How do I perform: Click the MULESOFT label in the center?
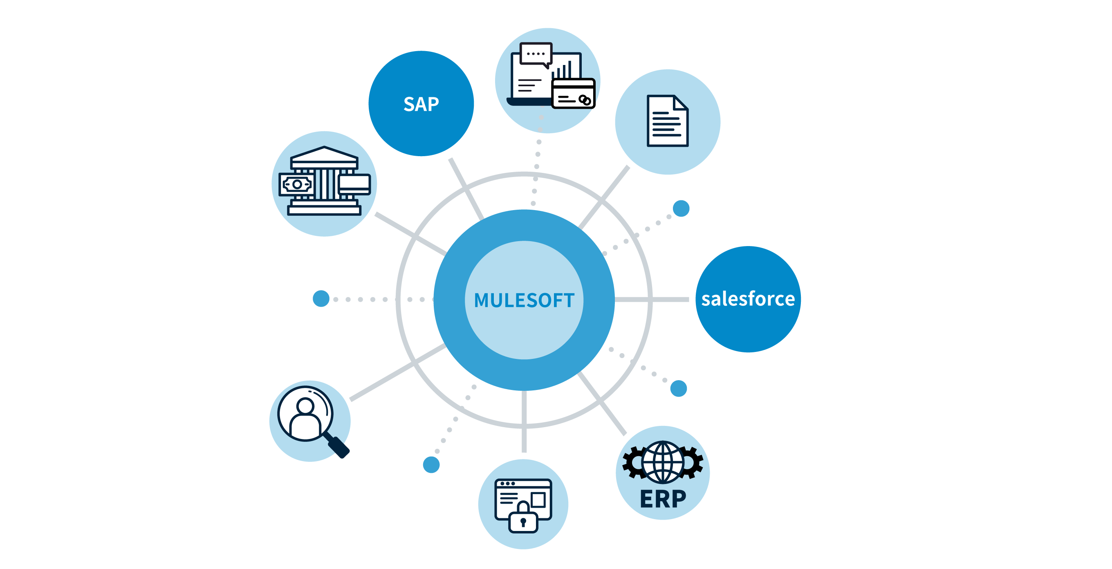pos(524,300)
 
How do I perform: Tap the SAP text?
pos(421,104)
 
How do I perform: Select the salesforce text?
pos(748,299)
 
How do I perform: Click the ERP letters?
pos(663,499)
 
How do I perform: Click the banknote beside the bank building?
pos(296,184)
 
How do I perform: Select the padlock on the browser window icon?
pos(523,518)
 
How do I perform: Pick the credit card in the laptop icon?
pos(574,93)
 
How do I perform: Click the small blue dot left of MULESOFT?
pos(321,299)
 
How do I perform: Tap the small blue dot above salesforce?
pos(681,208)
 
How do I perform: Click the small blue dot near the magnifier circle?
pos(431,464)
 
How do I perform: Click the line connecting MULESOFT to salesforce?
pos(652,299)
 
